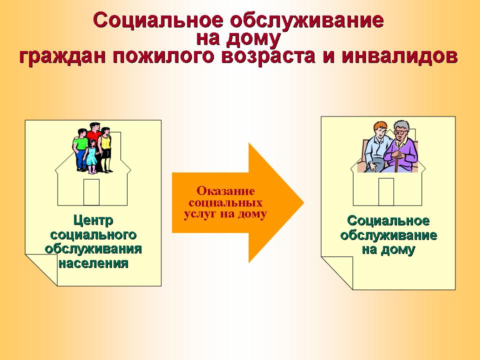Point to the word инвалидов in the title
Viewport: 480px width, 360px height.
coord(399,56)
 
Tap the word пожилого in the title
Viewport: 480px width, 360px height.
coord(162,57)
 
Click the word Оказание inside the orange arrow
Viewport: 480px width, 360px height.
coord(225,191)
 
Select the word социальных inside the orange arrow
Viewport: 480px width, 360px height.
coord(225,202)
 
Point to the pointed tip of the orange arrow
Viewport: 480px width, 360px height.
coord(303,202)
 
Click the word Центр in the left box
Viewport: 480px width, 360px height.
coord(93,220)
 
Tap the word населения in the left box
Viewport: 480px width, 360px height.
coord(93,263)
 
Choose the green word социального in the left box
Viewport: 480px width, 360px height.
coord(93,235)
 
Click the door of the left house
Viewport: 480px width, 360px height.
coord(91,192)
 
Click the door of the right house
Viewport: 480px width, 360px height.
coord(386,191)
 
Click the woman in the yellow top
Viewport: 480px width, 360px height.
coord(105,148)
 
